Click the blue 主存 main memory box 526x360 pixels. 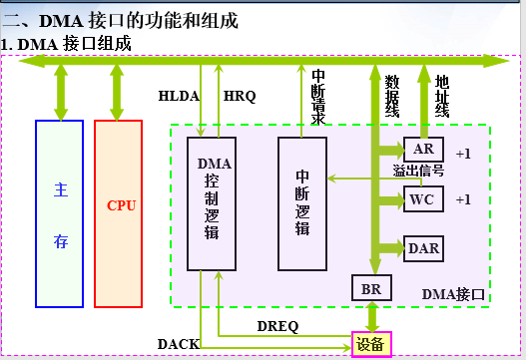pyautogui.click(x=60, y=212)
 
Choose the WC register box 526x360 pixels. pyautogui.click(x=422, y=198)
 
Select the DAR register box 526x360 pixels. pyautogui.click(x=423, y=247)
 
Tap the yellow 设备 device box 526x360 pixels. pyautogui.click(x=371, y=344)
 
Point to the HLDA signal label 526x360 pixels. pyautogui.click(x=179, y=97)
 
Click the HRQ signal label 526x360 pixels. pyautogui.click(x=240, y=97)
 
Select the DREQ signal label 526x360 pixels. pyautogui.click(x=276, y=326)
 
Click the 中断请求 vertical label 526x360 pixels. pyautogui.click(x=318, y=97)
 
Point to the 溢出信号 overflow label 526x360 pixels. pyautogui.click(x=418, y=172)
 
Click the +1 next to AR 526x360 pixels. pyautogui.click(x=462, y=154)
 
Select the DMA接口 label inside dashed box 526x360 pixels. pyautogui.click(x=453, y=293)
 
